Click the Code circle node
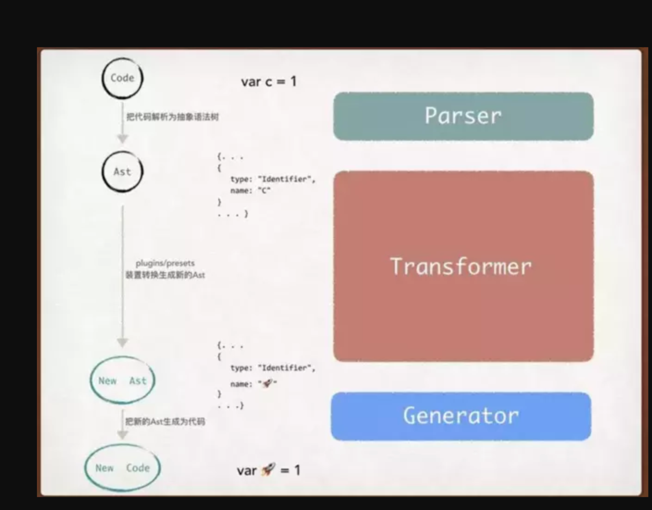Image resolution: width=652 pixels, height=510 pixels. point(122,78)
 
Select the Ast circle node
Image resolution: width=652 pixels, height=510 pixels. point(122,172)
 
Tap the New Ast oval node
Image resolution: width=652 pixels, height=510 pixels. point(123,381)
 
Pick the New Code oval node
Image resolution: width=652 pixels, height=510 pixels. point(123,467)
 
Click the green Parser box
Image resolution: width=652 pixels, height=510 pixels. point(463,116)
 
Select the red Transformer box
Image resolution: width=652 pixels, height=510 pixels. point(463,266)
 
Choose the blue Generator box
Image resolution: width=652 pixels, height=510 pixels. point(461,416)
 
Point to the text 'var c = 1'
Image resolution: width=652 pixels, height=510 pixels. point(269,82)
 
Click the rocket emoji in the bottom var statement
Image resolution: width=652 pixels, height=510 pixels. point(268,469)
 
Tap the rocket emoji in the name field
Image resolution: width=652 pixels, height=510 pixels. point(267,383)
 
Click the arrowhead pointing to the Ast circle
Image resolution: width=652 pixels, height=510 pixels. point(123,138)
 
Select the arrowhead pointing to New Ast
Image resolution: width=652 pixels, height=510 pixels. point(123,343)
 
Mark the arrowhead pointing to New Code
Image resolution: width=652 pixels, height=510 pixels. point(123,434)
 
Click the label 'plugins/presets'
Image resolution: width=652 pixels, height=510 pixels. point(165,263)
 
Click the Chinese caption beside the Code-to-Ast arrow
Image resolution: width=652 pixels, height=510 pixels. point(172,117)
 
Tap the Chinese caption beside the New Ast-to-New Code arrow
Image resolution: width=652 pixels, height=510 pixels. point(165,421)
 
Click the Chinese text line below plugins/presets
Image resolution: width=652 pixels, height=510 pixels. point(165,275)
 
